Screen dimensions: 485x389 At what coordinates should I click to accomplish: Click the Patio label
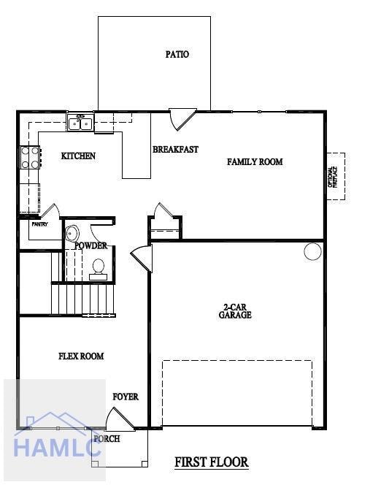pos(177,54)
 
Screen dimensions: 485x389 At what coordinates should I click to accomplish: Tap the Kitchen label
pos(78,156)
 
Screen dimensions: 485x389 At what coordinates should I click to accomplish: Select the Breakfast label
pos(175,150)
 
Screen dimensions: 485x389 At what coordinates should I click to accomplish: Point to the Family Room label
pos(254,161)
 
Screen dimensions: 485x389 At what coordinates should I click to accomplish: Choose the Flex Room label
pos(81,356)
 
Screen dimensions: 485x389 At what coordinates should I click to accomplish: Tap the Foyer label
pos(126,397)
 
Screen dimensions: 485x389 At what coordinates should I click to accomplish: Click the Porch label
pos(107,439)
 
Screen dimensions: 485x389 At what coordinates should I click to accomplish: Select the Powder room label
pos(90,245)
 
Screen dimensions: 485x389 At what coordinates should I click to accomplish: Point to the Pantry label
pos(39,224)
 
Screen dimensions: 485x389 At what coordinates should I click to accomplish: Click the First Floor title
pos(212,462)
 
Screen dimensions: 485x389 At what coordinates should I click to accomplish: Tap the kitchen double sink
pos(80,123)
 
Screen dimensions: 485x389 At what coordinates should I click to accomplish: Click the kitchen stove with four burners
pos(30,158)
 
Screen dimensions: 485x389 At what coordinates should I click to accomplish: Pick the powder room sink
pos(72,234)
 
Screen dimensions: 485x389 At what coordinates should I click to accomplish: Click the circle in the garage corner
pos(312,251)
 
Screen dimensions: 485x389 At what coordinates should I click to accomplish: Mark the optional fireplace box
pos(335,176)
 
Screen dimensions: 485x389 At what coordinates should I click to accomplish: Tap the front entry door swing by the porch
pos(118,420)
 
